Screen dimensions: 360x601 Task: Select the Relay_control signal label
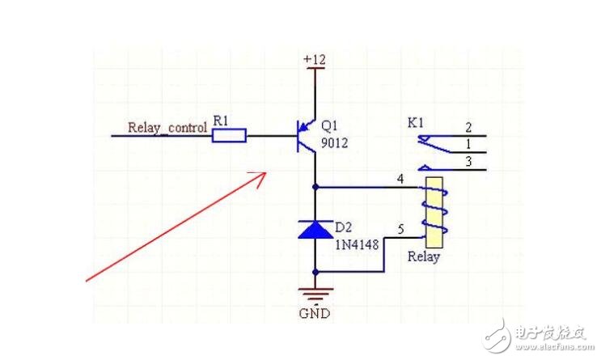[167, 127]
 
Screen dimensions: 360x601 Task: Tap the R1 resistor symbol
[229, 136]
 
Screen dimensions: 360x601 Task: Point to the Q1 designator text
[329, 126]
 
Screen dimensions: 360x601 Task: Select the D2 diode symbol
[314, 230]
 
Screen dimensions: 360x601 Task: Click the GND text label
[314, 313]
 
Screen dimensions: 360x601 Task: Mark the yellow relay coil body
[434, 212]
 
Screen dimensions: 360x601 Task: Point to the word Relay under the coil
[424, 257]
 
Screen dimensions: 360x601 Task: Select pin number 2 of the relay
[468, 127]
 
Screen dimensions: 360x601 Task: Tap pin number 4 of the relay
[400, 178]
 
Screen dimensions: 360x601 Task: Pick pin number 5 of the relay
[400, 230]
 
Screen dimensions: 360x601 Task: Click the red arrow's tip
[266, 172]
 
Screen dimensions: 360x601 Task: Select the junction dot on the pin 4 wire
[314, 186]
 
